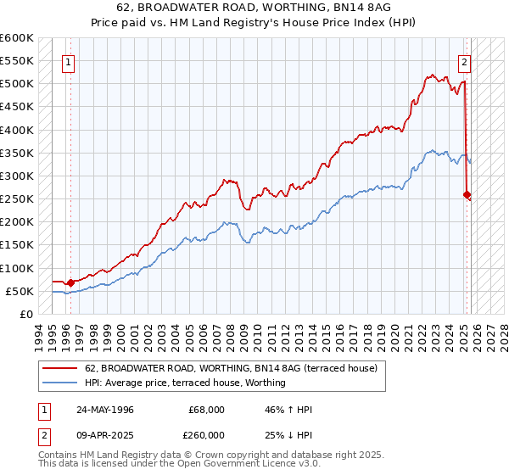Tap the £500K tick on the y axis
[x=16, y=84]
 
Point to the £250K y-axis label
[x=16, y=199]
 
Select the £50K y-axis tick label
[x=19, y=291]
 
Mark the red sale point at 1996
[x=71, y=282]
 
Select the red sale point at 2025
[x=467, y=194]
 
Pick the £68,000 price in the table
[x=207, y=409]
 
